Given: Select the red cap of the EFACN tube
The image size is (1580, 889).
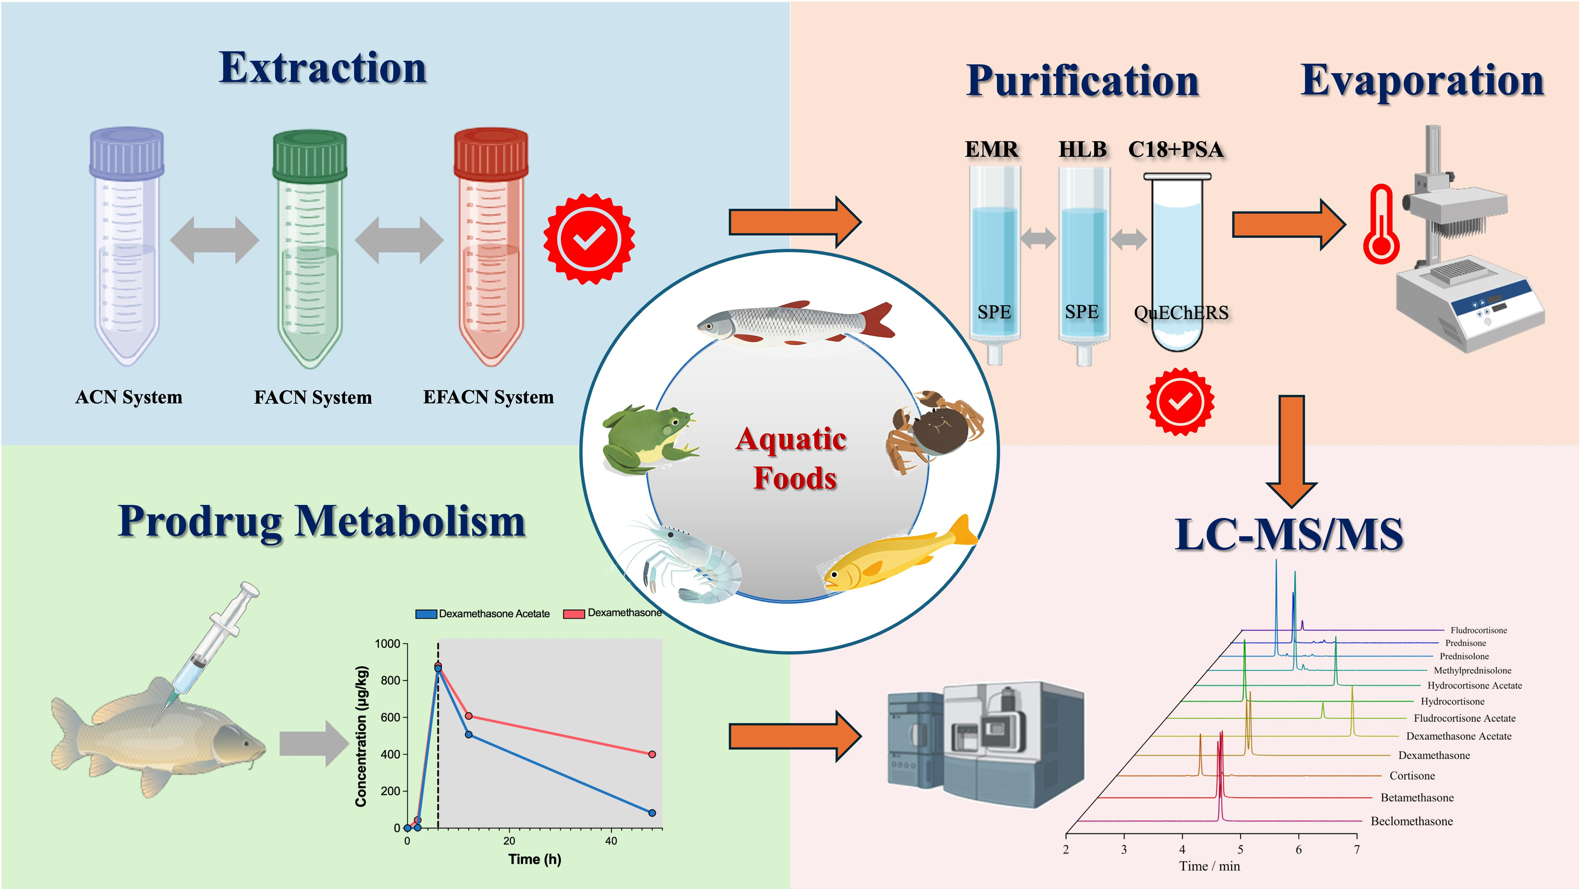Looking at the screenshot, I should click(x=491, y=154).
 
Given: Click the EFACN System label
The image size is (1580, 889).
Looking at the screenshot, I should click(x=488, y=397).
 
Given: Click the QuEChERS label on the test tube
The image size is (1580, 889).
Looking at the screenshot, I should click(x=1181, y=313).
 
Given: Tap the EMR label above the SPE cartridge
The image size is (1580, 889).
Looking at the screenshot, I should click(x=991, y=150).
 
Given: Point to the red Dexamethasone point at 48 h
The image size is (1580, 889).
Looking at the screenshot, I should click(x=652, y=754).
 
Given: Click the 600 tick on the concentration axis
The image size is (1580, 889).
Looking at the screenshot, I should click(x=390, y=717).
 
